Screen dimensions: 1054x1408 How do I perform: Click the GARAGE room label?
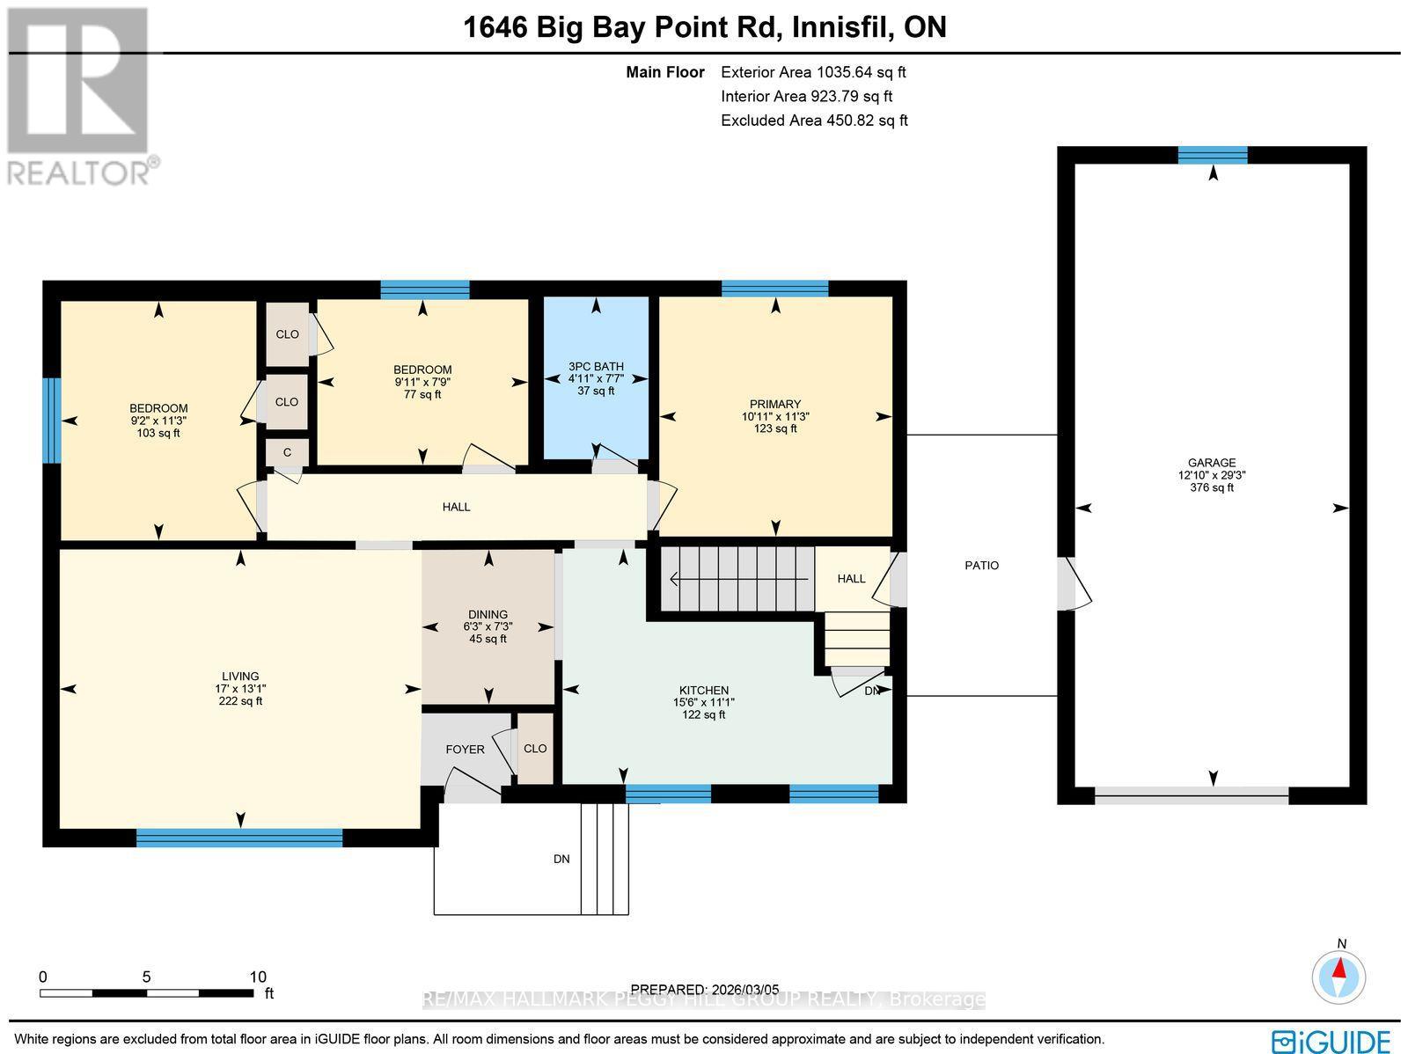point(1212,463)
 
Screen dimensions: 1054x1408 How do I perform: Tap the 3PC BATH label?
point(596,366)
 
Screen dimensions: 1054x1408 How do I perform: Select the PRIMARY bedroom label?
point(774,404)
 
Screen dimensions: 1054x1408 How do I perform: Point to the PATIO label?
point(981,566)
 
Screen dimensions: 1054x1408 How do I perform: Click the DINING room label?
point(488,614)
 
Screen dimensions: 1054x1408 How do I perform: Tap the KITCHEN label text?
point(703,690)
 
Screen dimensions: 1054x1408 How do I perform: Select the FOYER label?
point(465,750)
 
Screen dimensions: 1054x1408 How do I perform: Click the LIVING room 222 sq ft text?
point(240,701)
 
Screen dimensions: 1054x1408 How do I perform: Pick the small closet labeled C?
point(287,452)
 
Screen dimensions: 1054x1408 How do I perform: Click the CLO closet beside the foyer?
point(535,749)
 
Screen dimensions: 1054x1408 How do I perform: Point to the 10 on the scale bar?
point(257,977)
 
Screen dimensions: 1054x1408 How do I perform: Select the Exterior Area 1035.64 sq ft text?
point(813,73)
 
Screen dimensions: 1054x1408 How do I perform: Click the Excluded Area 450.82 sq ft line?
point(813,121)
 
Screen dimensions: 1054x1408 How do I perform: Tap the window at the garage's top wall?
point(1213,156)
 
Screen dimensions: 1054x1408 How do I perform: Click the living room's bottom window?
point(239,838)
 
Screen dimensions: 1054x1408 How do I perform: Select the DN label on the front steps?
point(561,859)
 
